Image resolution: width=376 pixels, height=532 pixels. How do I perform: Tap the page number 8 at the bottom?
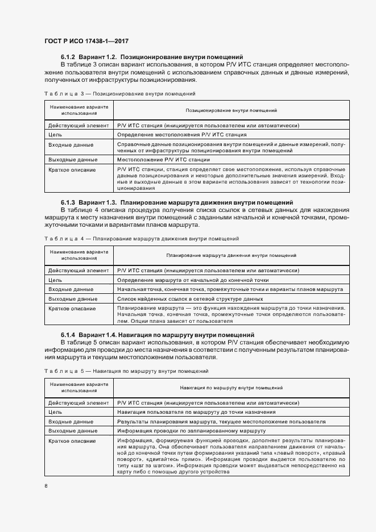pos(46,485)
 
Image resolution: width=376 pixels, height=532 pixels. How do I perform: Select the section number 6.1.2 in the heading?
pos(69,57)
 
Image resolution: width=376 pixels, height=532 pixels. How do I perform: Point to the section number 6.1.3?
pos(69,202)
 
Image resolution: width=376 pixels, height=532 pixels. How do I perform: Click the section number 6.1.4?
pos(69,334)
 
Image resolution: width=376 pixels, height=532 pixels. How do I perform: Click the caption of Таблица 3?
pos(119,93)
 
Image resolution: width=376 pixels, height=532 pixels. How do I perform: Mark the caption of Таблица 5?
pos(126,371)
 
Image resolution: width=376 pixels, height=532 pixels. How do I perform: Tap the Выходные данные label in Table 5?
pos(73,431)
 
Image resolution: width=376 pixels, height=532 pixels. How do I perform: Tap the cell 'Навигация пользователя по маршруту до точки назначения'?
pos(197,413)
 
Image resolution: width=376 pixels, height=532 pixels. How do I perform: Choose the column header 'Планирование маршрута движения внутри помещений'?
pos(231,256)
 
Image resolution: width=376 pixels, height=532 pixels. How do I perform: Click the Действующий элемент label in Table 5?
pos(78,403)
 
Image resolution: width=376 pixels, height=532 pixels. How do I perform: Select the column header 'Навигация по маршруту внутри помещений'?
pos(231,388)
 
